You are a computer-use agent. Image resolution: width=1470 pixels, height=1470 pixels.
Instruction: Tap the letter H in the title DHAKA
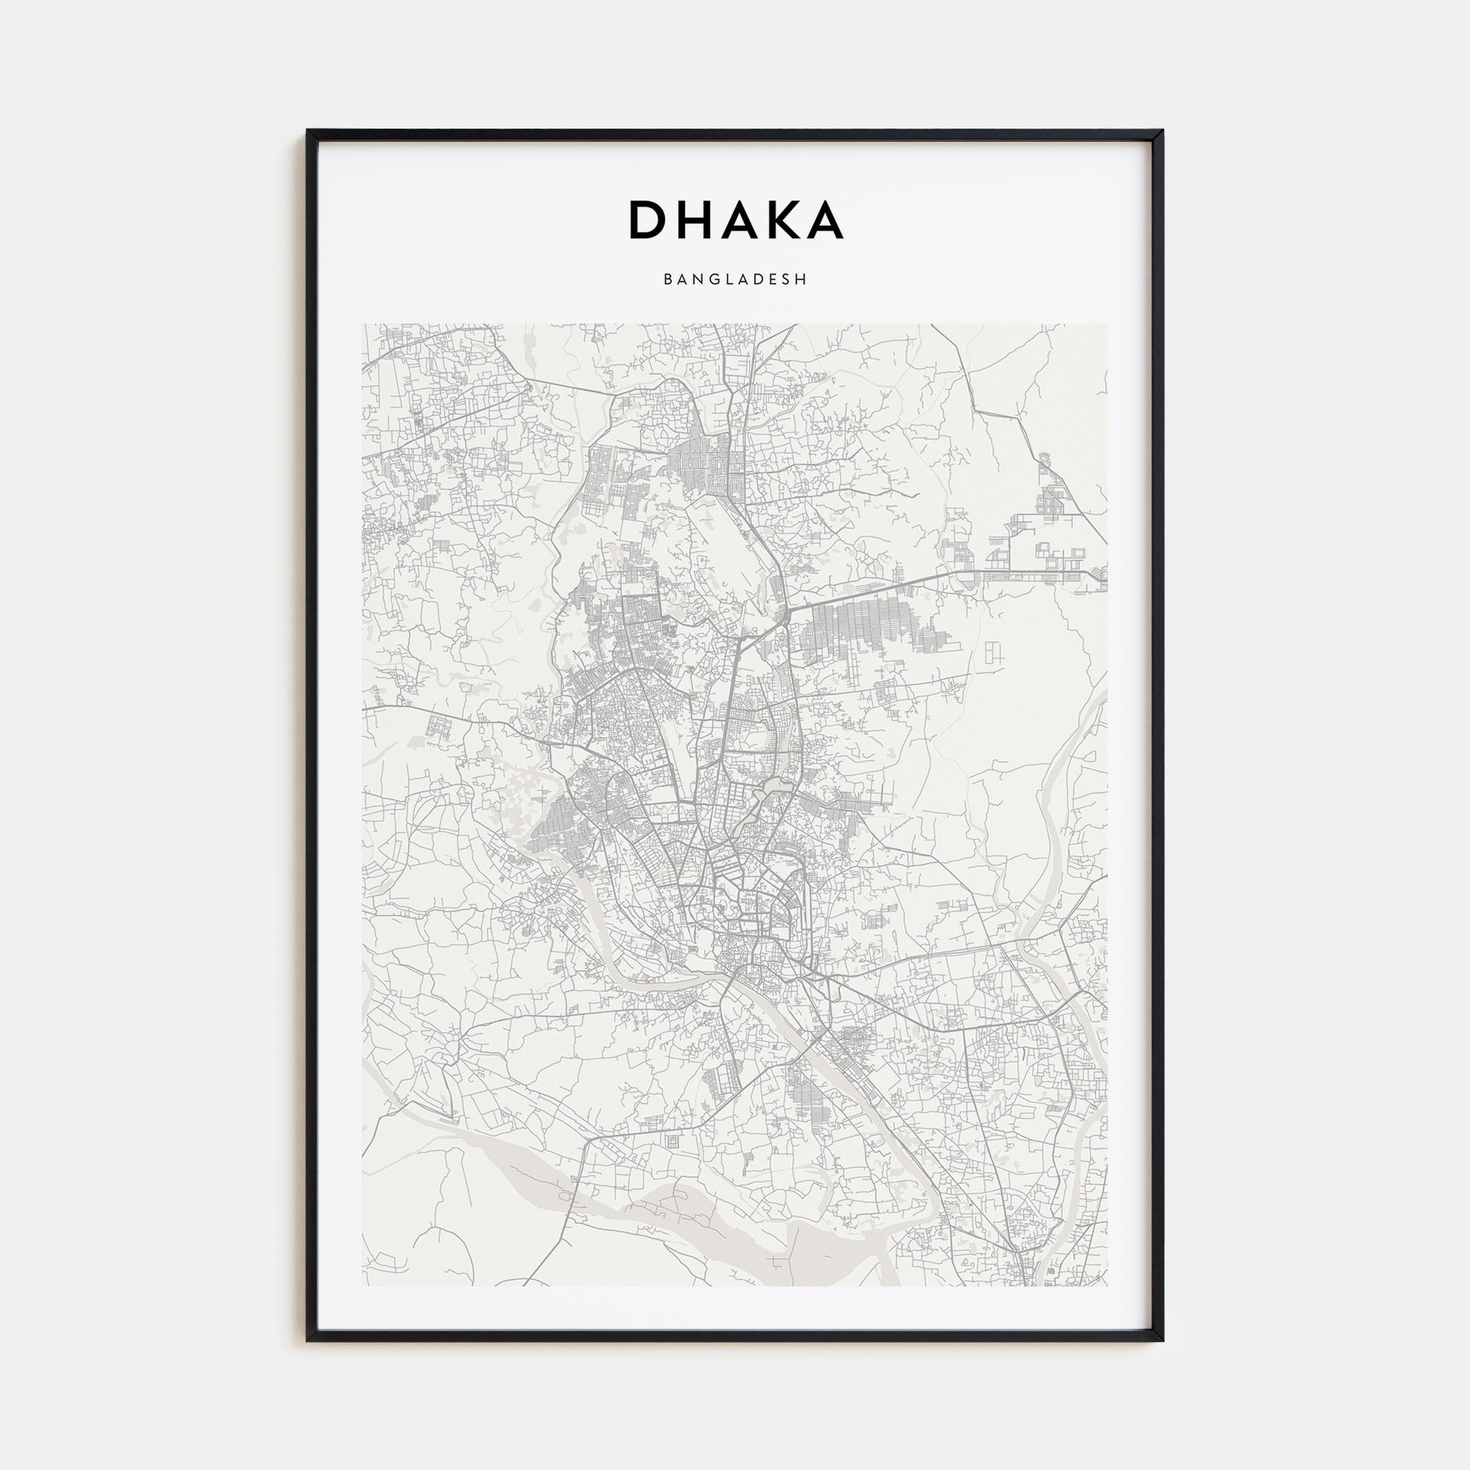[x=695, y=220]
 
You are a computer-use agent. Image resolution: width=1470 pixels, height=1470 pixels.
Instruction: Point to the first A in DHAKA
[x=740, y=220]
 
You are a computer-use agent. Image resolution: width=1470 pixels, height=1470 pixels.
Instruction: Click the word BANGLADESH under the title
[x=735, y=279]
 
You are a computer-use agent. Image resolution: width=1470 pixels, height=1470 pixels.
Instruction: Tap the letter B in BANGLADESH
[x=667, y=279]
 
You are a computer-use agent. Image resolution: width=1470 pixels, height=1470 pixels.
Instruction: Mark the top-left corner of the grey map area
[x=363, y=325]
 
